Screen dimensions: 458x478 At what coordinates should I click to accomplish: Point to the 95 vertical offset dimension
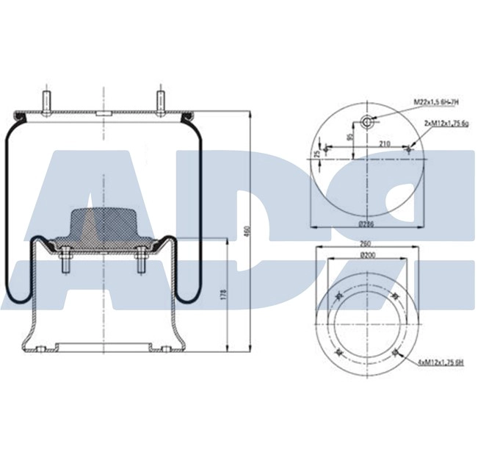[x=350, y=135]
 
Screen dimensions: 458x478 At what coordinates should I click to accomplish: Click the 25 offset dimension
[x=318, y=153]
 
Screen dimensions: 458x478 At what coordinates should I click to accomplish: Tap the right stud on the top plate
[x=159, y=101]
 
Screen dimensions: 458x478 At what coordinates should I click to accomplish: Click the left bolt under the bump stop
[x=65, y=263]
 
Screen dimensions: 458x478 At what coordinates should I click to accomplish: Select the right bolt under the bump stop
[x=140, y=263]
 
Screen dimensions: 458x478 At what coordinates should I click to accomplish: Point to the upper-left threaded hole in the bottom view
[x=338, y=296]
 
